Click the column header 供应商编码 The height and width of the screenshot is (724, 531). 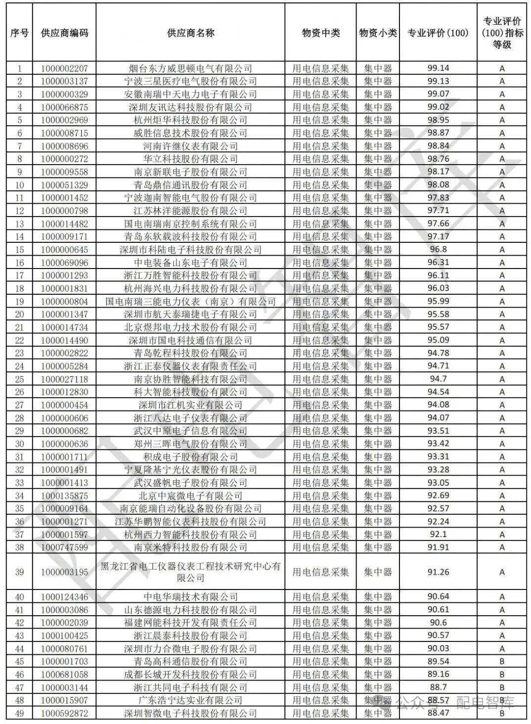(x=64, y=33)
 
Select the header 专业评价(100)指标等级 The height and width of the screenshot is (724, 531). (x=502, y=33)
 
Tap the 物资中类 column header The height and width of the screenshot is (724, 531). (x=320, y=33)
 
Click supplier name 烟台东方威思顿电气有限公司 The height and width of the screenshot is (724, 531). (x=190, y=68)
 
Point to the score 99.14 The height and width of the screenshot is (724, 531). (x=438, y=68)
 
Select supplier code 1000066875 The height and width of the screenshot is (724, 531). (x=64, y=107)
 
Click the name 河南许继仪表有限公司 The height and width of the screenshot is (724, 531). (x=190, y=146)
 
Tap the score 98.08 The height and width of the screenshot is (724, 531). (x=438, y=185)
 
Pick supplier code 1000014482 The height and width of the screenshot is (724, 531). (x=64, y=224)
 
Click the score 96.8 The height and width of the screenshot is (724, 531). (x=438, y=250)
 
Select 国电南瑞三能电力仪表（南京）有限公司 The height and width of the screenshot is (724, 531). (x=190, y=301)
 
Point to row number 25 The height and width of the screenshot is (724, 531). (x=19, y=379)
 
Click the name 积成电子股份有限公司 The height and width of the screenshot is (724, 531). (x=190, y=457)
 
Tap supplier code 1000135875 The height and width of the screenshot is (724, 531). (x=64, y=496)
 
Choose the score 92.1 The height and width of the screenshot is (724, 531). (x=438, y=535)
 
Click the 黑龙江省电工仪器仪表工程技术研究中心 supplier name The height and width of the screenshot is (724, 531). (x=190, y=572)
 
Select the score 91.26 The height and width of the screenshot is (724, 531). (x=438, y=572)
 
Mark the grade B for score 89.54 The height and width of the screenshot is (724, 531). (x=502, y=662)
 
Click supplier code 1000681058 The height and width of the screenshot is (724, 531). (x=64, y=675)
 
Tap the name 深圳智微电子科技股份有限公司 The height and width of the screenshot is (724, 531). (x=190, y=713)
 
